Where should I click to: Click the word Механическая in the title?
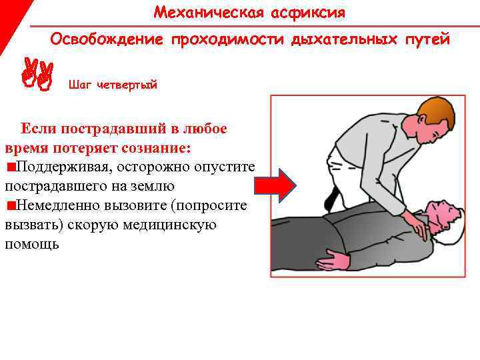pyautogui.click(x=209, y=13)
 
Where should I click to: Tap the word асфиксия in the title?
pyautogui.click(x=308, y=13)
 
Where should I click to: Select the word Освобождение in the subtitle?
pyautogui.click(x=107, y=39)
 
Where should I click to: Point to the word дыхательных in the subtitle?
pyautogui.click(x=344, y=40)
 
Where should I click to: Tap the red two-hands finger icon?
pyautogui.click(x=37, y=74)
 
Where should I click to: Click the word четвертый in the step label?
pyautogui.click(x=127, y=85)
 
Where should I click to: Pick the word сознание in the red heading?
pyautogui.click(x=157, y=148)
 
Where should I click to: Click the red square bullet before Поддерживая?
pyautogui.click(x=11, y=167)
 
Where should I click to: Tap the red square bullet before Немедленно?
pyautogui.click(x=11, y=205)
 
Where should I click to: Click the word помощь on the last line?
pyautogui.click(x=32, y=244)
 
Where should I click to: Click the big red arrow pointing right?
pyautogui.click(x=275, y=185)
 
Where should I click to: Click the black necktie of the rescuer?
pyautogui.click(x=331, y=199)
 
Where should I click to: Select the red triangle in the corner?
pyautogui.click(x=11, y=19)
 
